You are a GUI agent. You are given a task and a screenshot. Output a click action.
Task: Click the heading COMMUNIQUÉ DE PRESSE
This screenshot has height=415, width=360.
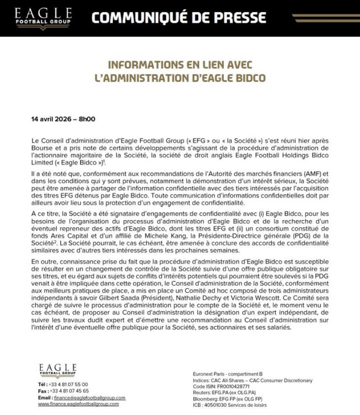(x=179, y=18)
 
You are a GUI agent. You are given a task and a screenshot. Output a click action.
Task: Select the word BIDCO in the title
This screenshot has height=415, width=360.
(x=250, y=78)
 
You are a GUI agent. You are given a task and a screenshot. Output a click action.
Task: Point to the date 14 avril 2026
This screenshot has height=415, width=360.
(x=51, y=119)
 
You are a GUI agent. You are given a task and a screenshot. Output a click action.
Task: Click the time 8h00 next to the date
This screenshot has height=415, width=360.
(x=87, y=119)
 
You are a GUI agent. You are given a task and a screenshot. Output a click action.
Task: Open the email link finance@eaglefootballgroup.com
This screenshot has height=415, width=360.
(x=90, y=398)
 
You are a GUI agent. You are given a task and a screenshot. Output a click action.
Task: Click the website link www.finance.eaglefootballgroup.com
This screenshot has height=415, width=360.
(x=78, y=404)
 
